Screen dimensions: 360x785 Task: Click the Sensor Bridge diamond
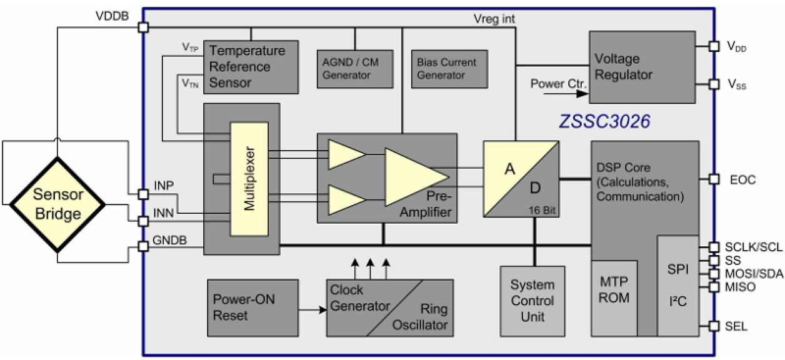coord(57,204)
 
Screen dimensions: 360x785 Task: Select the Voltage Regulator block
coord(642,67)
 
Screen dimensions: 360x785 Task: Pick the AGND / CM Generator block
coord(354,69)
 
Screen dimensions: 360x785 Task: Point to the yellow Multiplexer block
coord(248,179)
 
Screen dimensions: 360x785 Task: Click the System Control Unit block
coord(532,301)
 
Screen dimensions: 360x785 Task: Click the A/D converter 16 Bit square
coord(521,179)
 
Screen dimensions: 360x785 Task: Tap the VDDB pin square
coord(143,27)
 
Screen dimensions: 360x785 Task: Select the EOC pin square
coord(714,179)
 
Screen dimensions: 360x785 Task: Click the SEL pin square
coord(714,326)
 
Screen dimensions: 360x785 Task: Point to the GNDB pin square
coord(143,246)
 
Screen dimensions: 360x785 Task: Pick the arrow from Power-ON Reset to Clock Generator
coord(312,308)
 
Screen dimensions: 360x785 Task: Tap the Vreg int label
coord(494,19)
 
